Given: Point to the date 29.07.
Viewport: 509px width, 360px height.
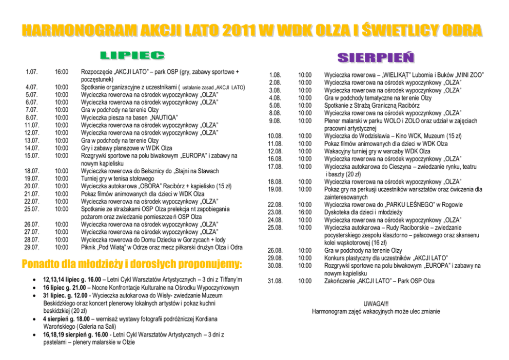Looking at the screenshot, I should click(32, 247).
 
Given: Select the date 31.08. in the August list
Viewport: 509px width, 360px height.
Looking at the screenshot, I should click(276, 281).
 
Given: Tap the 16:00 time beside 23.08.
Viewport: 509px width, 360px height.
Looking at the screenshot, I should click(305, 212).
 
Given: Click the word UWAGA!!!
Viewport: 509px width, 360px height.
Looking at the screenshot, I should click(376, 304).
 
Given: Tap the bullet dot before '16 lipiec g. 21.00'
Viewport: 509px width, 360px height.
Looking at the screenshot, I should click(33, 288).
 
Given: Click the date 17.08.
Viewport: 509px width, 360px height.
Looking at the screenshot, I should click(276, 166).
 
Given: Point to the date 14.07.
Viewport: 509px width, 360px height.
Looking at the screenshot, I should click(32, 148).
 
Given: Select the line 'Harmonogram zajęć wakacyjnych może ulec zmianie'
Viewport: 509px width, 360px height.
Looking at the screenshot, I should click(376, 311).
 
